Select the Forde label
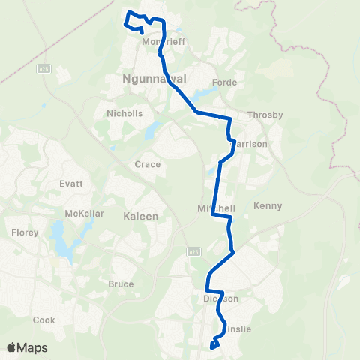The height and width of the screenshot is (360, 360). (224, 82)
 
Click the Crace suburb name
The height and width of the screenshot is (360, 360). (147, 164)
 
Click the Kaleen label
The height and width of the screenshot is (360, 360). (140, 216)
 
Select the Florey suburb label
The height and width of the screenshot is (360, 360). (25, 233)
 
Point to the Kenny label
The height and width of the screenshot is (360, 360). (267, 205)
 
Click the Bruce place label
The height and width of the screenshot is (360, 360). (121, 284)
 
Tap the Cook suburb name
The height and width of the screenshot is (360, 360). (44, 319)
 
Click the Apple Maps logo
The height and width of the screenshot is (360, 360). (27, 347)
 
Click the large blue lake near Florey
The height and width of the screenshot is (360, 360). (58, 238)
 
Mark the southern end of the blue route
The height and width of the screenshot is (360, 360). (213, 346)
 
